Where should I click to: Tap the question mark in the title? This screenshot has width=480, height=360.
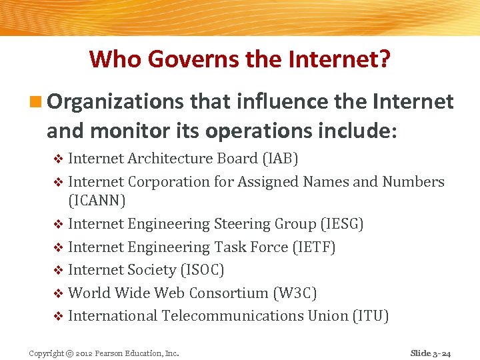click(385, 59)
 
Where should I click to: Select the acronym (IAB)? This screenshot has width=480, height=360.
click(279, 159)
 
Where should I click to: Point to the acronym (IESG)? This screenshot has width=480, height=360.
click(341, 224)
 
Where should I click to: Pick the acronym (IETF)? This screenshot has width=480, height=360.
click(314, 247)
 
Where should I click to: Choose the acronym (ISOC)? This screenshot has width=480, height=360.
click(203, 270)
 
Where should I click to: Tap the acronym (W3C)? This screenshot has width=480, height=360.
click(295, 293)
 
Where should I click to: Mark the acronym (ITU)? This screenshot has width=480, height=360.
click(370, 315)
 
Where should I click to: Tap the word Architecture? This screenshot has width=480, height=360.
click(171, 159)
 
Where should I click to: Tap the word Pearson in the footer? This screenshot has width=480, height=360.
click(109, 353)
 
